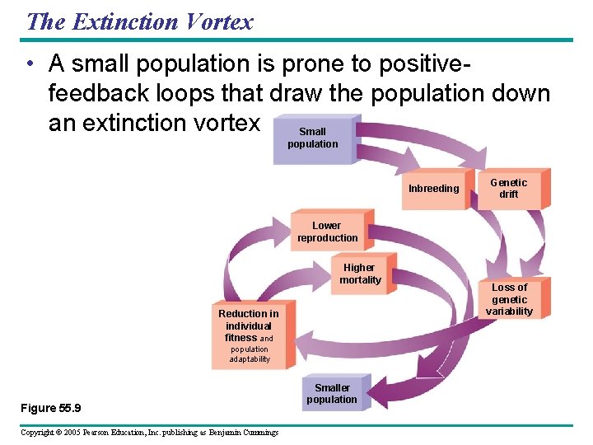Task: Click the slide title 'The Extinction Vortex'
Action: click(x=139, y=21)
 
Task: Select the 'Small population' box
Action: click(x=312, y=138)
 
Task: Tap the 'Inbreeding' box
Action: click(x=433, y=189)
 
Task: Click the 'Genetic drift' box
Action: click(x=509, y=189)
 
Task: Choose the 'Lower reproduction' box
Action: click(x=328, y=232)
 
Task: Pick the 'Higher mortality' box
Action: click(x=361, y=274)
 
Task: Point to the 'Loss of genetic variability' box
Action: click(x=509, y=299)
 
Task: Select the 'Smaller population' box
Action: click(x=332, y=394)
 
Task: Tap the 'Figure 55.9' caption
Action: click(x=50, y=409)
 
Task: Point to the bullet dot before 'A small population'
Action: click(x=30, y=63)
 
